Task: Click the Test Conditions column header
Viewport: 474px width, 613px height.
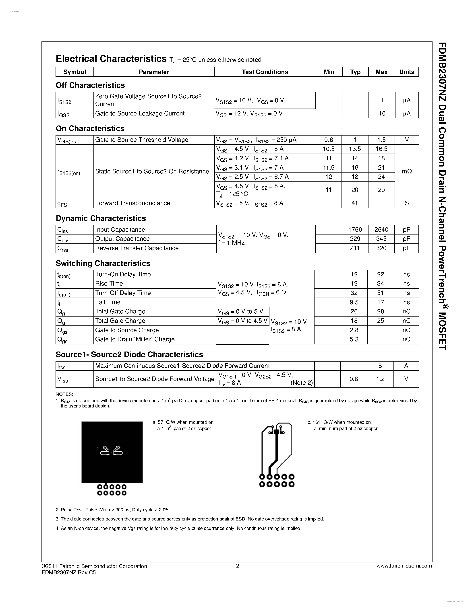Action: (x=265, y=72)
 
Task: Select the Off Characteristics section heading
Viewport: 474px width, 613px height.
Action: (x=90, y=85)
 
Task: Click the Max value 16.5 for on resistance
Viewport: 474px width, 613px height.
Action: (x=381, y=149)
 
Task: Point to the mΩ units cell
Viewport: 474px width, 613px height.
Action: (x=407, y=171)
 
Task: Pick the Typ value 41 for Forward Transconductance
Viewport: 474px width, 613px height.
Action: (x=355, y=203)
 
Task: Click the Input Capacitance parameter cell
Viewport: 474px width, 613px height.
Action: (x=120, y=230)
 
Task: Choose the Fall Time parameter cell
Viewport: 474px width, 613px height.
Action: (x=108, y=302)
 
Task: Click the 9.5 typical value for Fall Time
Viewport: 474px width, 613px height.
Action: (x=354, y=302)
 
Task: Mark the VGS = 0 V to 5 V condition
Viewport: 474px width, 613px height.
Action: (x=240, y=312)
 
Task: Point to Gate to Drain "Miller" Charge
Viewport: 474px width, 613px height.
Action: (x=135, y=339)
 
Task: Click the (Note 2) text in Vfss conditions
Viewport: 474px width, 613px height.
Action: (x=301, y=383)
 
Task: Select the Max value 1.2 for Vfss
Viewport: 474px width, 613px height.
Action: (x=380, y=379)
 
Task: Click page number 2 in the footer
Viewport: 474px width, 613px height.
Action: (x=238, y=566)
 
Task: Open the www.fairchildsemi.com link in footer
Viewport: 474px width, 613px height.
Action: (x=404, y=566)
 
